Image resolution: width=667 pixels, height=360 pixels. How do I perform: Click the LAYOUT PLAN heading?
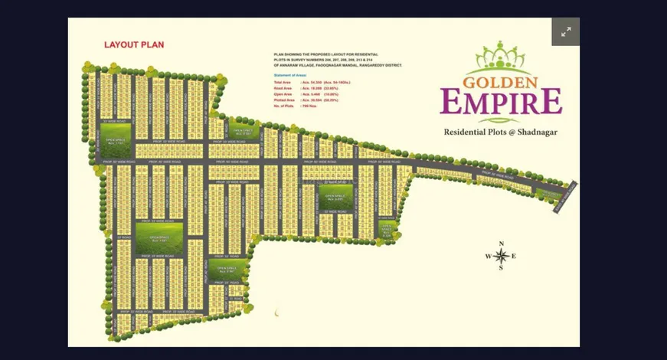134,44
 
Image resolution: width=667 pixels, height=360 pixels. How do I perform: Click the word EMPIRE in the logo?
501,101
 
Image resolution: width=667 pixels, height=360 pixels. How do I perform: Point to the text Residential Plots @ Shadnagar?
501,133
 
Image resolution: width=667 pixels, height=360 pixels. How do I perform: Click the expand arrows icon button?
566,32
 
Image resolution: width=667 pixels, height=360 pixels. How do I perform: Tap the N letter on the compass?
501,244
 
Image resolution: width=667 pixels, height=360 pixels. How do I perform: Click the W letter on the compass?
488,256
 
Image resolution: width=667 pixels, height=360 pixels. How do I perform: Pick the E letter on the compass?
514,256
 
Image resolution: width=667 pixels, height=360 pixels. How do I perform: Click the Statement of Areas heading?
289,76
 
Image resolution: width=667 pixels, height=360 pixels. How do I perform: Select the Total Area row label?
283,82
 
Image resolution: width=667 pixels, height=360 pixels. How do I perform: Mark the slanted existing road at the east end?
565,198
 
